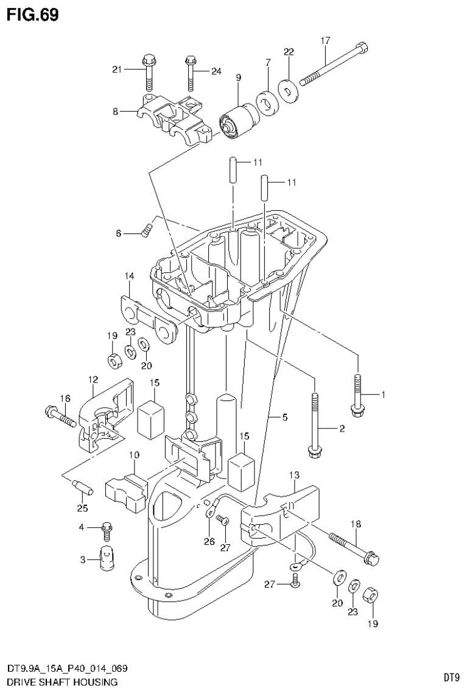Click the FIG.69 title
[33, 15]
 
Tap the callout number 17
[326, 40]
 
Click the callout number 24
[216, 71]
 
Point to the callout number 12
[93, 380]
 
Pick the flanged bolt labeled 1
[358, 394]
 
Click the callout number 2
[342, 429]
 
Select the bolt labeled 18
[354, 547]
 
